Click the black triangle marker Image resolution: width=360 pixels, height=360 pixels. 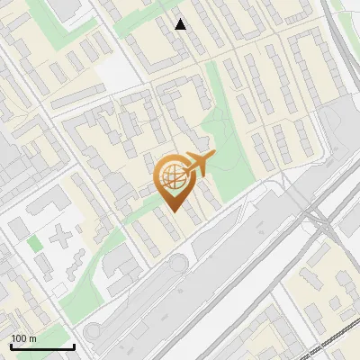click(181, 24)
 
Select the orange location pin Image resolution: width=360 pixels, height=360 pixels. click(173, 180)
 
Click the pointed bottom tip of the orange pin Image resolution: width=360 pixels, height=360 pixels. click(173, 211)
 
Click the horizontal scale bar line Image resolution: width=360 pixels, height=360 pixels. click(42, 346)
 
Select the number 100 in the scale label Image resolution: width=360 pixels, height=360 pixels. click(19, 338)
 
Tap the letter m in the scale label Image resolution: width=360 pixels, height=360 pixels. click(32, 338)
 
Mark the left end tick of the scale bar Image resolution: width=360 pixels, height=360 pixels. click(11, 345)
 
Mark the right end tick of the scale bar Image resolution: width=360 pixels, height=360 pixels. click(74, 345)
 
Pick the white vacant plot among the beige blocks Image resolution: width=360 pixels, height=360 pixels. click(112, 72)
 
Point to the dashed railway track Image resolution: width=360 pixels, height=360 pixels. click(333, 343)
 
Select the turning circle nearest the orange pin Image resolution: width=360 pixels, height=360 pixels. click(177, 264)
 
